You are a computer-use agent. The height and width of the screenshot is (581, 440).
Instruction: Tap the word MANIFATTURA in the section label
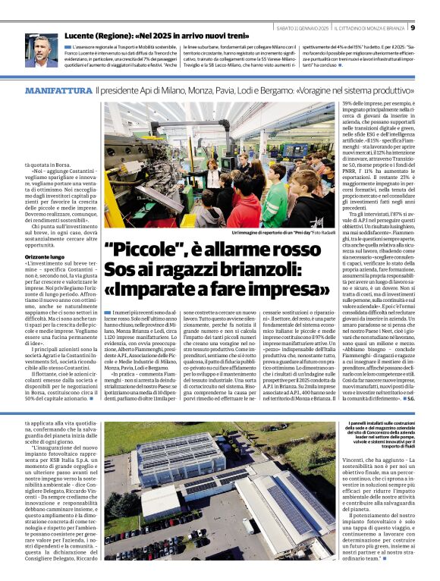click(x=58, y=90)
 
